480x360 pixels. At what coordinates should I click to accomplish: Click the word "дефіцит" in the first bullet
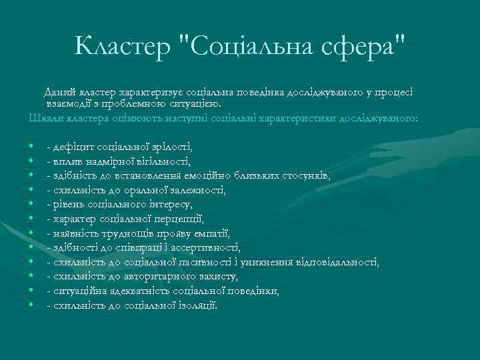(73, 145)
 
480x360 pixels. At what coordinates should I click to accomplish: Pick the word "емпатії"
(211, 233)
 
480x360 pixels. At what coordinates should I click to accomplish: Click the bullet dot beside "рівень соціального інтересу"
(32, 204)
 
